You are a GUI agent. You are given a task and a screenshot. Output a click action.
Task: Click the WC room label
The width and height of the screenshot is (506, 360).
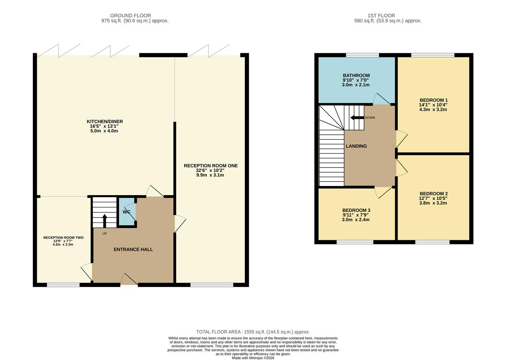coord(126,212)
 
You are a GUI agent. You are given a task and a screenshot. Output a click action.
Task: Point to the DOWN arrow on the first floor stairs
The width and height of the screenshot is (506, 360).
coord(357,117)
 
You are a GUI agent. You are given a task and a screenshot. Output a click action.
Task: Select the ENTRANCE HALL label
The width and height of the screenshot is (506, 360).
coord(133,249)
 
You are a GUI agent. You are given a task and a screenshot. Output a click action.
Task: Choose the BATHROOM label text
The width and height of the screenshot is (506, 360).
coord(356,75)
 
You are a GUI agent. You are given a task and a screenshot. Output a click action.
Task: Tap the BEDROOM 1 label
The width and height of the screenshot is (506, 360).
coord(433,100)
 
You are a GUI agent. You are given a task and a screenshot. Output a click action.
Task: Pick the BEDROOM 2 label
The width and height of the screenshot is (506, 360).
coord(433,194)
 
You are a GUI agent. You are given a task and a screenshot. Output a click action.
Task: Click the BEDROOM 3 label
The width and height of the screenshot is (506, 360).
coord(356,210)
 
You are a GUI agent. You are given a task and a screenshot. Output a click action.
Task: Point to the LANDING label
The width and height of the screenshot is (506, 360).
coord(356,146)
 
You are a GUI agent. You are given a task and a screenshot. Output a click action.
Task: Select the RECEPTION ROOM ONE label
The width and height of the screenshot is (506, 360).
coord(211,166)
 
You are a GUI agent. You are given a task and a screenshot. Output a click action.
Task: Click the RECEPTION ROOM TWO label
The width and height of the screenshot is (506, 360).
coord(63,237)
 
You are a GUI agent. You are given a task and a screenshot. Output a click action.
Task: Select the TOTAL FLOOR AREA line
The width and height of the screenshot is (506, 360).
coord(253,332)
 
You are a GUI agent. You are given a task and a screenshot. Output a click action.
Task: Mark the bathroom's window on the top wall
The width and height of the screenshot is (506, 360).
coord(362,55)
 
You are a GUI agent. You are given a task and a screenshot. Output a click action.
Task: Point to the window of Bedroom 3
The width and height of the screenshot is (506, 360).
coord(355,242)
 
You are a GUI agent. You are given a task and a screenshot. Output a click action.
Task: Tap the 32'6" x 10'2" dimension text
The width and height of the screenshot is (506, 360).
coord(210,170)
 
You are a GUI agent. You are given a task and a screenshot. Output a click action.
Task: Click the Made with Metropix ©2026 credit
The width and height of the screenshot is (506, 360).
coord(253,358)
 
